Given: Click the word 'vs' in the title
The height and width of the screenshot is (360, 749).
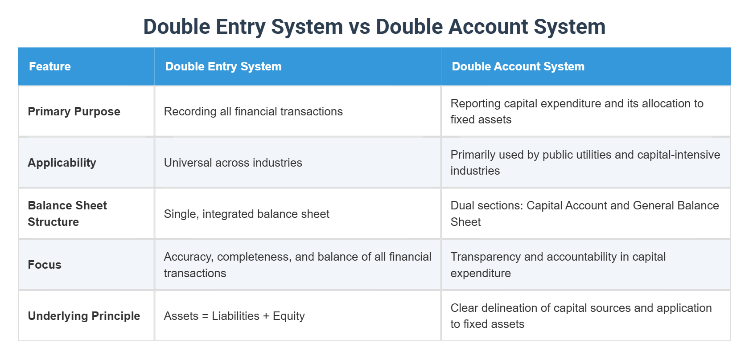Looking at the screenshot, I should [359, 27].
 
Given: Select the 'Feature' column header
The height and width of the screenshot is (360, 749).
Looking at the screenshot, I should [50, 66].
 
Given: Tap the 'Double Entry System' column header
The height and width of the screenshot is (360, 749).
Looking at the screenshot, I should [223, 66].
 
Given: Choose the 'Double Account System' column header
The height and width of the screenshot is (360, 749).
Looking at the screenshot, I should [518, 66].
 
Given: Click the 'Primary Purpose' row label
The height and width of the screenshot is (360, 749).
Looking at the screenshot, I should [74, 111].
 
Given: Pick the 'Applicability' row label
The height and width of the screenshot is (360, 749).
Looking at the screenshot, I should [62, 163].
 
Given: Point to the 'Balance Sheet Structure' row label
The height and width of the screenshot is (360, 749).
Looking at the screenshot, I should [67, 213].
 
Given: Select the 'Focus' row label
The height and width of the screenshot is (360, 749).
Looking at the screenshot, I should [45, 265].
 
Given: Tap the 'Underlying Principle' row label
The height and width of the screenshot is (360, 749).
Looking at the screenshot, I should [84, 316].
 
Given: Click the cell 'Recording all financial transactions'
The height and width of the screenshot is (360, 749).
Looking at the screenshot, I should [253, 111].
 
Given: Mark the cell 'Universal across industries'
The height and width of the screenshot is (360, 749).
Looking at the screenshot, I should [233, 163].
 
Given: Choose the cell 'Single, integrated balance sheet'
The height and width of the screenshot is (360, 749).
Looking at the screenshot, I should [247, 214].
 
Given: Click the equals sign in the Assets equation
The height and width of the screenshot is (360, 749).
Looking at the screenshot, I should [205, 316].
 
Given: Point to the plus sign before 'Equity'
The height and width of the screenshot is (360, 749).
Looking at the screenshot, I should [266, 316].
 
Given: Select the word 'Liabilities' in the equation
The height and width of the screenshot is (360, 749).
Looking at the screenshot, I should [235, 316].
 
